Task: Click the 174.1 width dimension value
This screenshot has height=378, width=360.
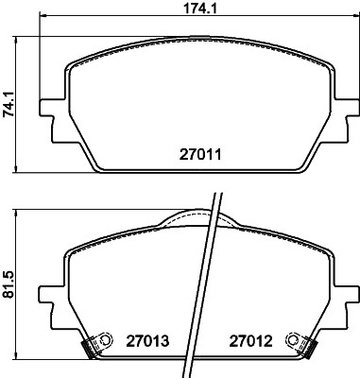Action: click(x=200, y=9)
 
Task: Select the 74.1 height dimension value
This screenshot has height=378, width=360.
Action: click(x=9, y=104)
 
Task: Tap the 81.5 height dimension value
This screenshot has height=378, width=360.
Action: click(x=9, y=284)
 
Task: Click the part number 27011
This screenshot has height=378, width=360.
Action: click(x=200, y=154)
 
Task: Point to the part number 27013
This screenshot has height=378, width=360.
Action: click(x=147, y=340)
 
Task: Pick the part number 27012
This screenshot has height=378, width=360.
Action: click(x=250, y=340)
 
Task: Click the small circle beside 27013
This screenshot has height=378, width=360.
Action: click(x=107, y=340)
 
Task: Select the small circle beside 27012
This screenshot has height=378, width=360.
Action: click(x=293, y=339)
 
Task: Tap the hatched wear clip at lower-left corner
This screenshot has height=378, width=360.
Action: click(x=88, y=348)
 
